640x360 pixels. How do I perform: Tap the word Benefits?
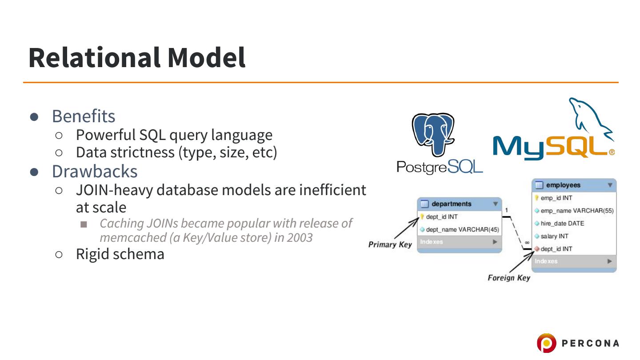click(x=84, y=116)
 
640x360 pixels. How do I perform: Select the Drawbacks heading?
click(x=95, y=171)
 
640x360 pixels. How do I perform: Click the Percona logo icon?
click(x=546, y=343)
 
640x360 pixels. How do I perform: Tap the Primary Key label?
click(x=390, y=245)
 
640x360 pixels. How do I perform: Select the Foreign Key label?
click(x=509, y=278)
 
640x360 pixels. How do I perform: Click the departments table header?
click(x=451, y=204)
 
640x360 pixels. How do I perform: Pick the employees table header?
click(x=563, y=185)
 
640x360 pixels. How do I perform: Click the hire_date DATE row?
click(x=562, y=224)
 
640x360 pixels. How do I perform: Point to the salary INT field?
click(x=554, y=236)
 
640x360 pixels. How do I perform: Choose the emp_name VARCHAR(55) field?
click(x=577, y=211)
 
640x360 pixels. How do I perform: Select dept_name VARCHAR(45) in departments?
click(x=462, y=230)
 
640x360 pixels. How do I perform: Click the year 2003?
click(x=300, y=237)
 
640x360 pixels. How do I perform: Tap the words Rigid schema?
click(x=120, y=254)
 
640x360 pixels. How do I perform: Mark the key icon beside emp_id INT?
click(x=537, y=198)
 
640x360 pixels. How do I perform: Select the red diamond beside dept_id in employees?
click(x=537, y=249)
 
